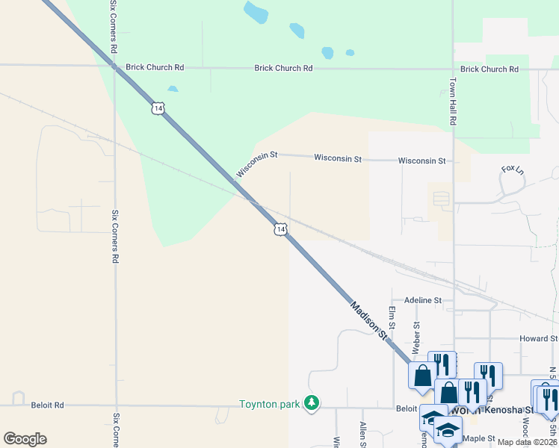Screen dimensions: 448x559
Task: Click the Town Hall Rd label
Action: coord(453,103)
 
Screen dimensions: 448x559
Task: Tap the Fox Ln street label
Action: coord(513,169)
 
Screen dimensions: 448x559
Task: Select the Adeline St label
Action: coord(423,300)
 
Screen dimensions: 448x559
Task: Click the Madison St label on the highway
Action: coord(370,321)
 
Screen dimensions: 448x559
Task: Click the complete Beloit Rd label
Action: coord(48,405)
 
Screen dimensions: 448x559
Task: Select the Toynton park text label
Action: coord(269,405)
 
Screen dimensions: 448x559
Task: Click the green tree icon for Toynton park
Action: coord(312,404)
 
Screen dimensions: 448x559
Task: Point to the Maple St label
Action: coord(480,438)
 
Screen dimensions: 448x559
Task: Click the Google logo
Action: coord(25,439)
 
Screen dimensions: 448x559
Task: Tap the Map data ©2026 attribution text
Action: coord(527,442)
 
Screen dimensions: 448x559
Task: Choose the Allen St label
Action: coord(362,433)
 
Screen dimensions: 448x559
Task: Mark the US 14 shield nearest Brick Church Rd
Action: coord(157,108)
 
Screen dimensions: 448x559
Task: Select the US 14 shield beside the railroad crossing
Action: coord(279,229)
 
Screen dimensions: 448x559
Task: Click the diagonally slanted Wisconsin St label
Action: coord(256,165)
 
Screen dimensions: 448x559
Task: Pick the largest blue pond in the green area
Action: coord(256,12)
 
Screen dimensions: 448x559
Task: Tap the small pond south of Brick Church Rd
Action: coord(173,89)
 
